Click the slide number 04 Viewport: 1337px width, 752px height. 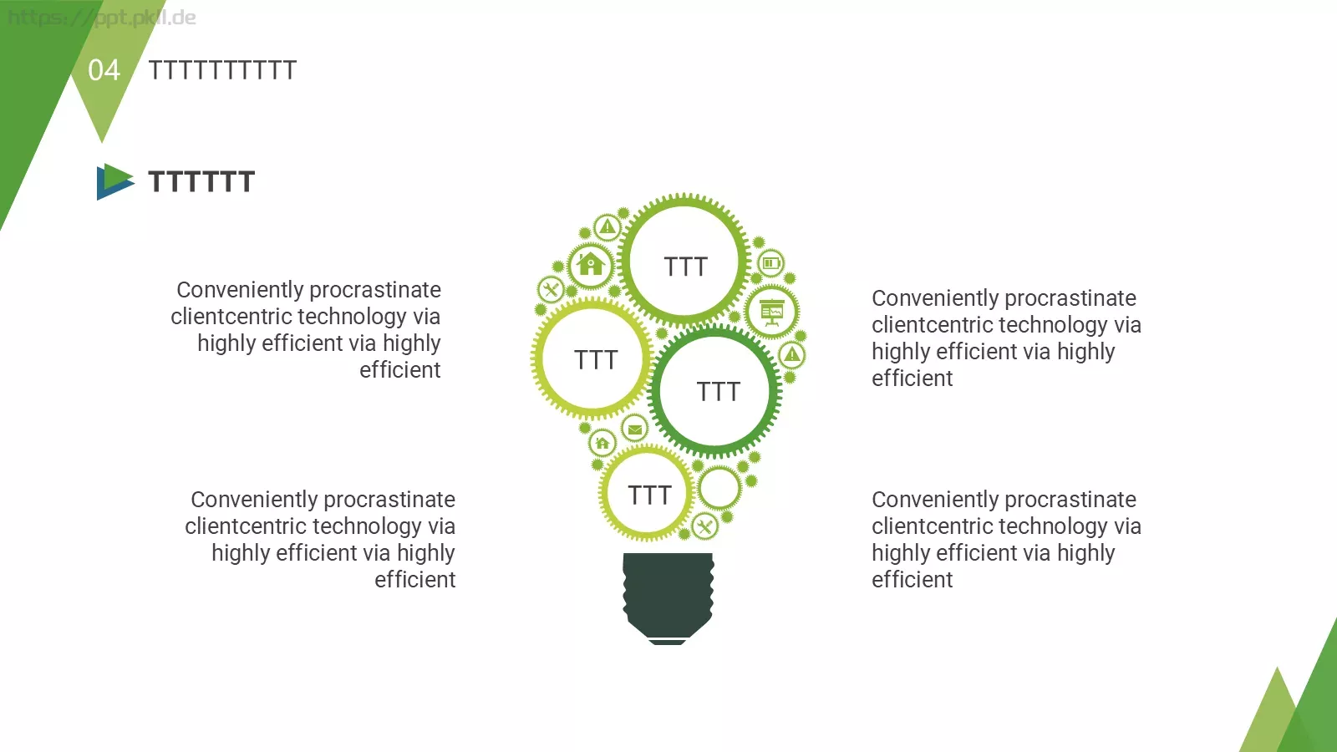104,70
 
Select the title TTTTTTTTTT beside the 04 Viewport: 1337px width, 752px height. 222,70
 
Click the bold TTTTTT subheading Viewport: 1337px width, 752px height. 201,181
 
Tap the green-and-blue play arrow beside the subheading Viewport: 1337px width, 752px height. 115,181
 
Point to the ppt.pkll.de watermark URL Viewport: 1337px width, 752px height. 101,18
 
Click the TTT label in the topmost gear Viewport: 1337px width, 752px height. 686,267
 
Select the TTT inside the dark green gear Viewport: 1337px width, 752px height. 718,392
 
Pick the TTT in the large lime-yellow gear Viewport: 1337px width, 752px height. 596,360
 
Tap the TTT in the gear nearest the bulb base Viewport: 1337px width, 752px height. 649,495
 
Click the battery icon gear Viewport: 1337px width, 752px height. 771,262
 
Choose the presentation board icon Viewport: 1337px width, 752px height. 772,312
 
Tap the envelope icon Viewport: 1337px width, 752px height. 634,429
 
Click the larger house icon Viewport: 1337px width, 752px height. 590,264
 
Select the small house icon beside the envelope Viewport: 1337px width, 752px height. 602,444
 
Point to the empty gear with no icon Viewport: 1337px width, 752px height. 719,488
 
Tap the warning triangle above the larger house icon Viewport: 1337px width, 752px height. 607,227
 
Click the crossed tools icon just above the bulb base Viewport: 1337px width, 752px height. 705,526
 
